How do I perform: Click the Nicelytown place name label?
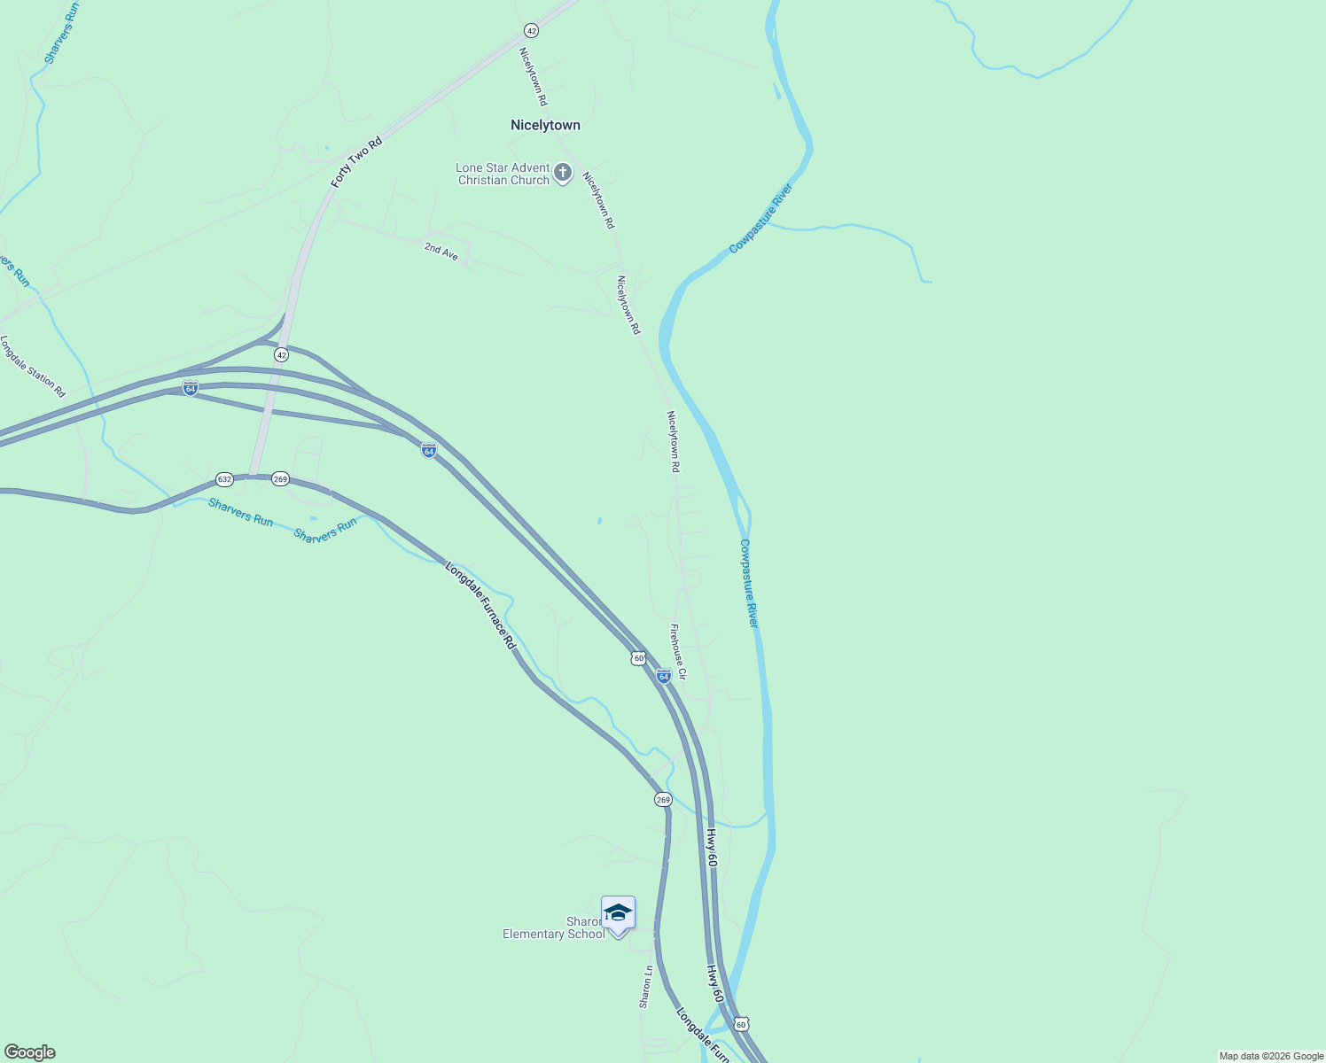pyautogui.click(x=545, y=126)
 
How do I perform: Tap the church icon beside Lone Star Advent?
pyautogui.click(x=562, y=173)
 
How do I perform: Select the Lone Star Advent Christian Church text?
pyautogui.click(x=503, y=174)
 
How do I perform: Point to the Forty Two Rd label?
pyautogui.click(x=356, y=161)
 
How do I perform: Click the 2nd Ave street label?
pyautogui.click(x=441, y=252)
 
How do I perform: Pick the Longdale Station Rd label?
pyautogui.click(x=33, y=366)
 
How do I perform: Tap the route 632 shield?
pyautogui.click(x=224, y=479)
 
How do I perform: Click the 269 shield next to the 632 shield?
pyautogui.click(x=280, y=479)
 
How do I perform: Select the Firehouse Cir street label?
pyautogui.click(x=678, y=651)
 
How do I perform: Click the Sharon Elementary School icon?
pyautogui.click(x=618, y=913)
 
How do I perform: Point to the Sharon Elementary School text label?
pyautogui.click(x=554, y=928)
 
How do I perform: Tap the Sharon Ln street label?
pyautogui.click(x=646, y=986)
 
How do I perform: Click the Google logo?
pyautogui.click(x=29, y=1052)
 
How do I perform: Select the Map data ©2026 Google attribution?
pyautogui.click(x=1270, y=1056)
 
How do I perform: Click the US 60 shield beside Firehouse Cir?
pyautogui.click(x=638, y=658)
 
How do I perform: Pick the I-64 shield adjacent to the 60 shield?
pyautogui.click(x=663, y=677)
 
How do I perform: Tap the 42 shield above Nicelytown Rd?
pyautogui.click(x=531, y=30)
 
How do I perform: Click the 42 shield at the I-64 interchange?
pyautogui.click(x=281, y=354)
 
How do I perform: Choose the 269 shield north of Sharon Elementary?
pyautogui.click(x=663, y=800)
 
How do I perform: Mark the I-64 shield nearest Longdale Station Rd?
pyautogui.click(x=190, y=387)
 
